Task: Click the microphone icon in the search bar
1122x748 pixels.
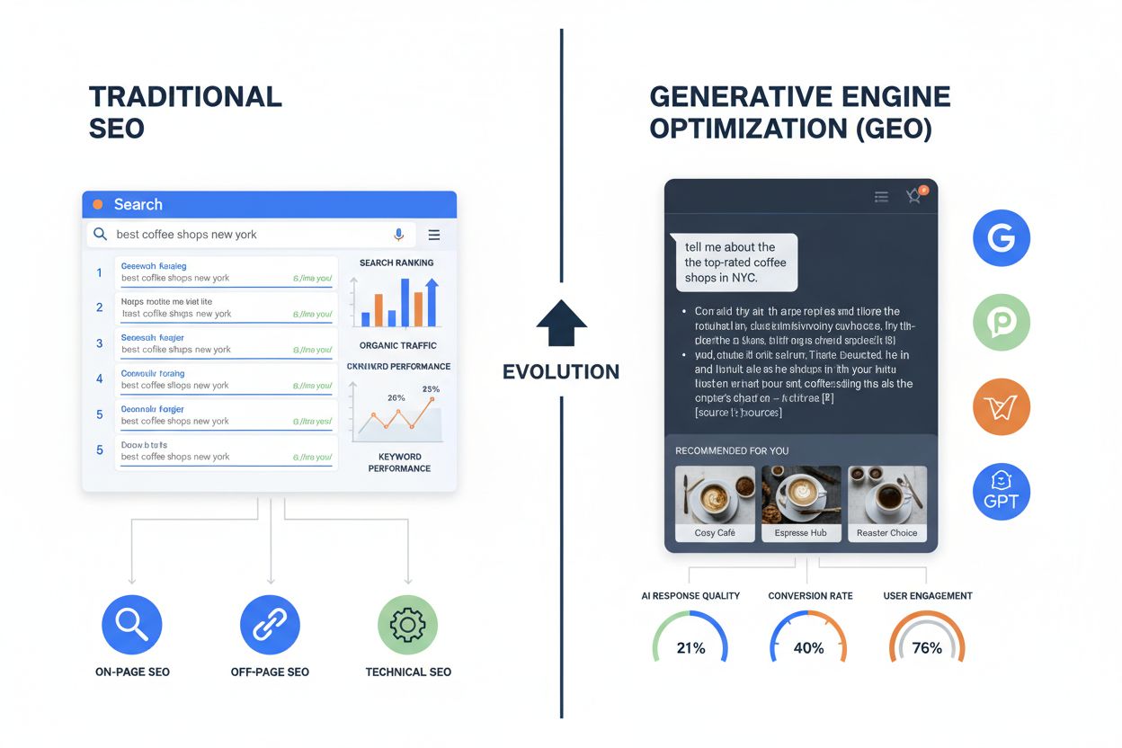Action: pos(399,235)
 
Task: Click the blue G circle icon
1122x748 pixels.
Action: pos(1001,237)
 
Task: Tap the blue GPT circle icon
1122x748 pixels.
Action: pos(1001,493)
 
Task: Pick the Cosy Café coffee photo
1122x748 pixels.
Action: pos(715,495)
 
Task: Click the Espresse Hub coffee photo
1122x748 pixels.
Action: pos(801,495)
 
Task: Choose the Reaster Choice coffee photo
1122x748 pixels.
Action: pos(886,495)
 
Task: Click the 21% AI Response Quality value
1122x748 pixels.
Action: pos(690,647)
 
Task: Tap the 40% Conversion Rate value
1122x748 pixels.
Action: pos(809,647)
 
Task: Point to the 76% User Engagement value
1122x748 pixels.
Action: pos(927,647)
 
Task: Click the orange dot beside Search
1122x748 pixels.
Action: pos(97,204)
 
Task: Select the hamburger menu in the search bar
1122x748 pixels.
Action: pos(434,235)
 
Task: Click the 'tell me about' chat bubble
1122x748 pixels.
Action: pos(734,263)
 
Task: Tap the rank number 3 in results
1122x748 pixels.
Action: pos(99,343)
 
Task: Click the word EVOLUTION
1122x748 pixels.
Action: pos(561,371)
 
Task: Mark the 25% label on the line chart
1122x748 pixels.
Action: pos(431,389)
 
